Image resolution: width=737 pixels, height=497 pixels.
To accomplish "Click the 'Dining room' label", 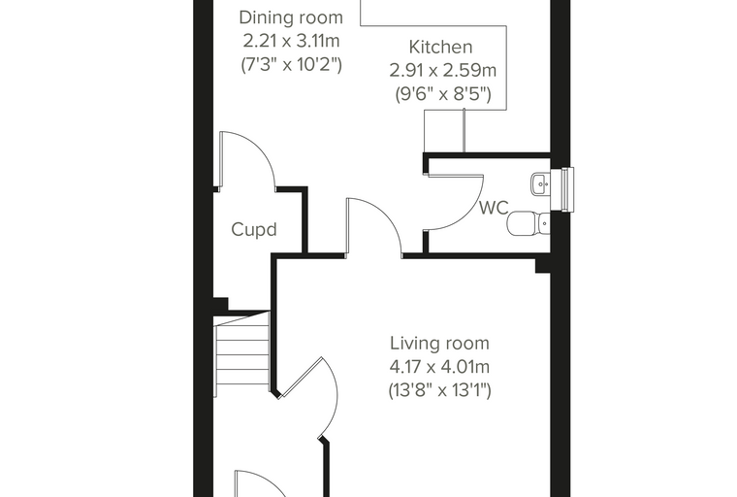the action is tap(291, 17).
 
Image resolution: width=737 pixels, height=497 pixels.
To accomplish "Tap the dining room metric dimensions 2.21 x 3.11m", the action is tap(291, 41).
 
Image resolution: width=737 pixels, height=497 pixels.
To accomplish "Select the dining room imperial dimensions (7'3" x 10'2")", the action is tap(291, 64).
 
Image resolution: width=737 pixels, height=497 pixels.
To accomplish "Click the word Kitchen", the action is tap(440, 47).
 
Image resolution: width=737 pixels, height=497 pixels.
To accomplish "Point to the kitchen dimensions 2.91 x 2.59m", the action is tap(443, 71).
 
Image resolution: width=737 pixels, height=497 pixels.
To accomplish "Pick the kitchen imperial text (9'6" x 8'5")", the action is tap(443, 94).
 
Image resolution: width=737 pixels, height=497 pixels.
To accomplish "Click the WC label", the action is tap(494, 208).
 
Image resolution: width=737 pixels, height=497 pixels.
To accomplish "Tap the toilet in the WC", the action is tap(529, 222).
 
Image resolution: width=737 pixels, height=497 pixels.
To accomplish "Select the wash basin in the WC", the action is tap(540, 184).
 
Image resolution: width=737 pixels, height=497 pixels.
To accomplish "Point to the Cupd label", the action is tap(254, 230).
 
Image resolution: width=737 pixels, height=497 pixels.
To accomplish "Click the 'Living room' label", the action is tap(439, 343).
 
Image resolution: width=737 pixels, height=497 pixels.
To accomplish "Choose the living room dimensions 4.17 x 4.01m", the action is tap(439, 367).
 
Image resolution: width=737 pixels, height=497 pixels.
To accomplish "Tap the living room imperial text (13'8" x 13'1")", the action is tap(439, 390).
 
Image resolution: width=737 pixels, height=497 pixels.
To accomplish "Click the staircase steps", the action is tap(242, 354).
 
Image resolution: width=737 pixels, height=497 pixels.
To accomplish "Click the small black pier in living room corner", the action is tap(543, 266).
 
